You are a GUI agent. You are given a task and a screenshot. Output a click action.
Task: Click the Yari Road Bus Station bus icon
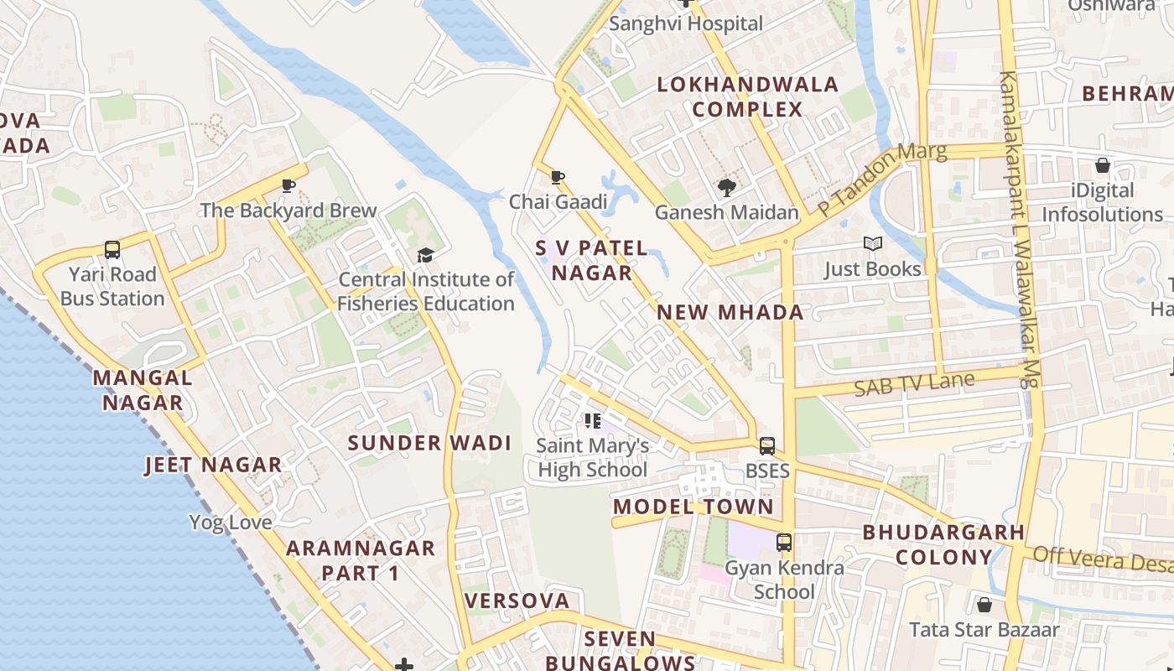pyautogui.click(x=112, y=249)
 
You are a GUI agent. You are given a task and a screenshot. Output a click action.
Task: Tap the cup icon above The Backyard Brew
pyautogui.click(x=288, y=185)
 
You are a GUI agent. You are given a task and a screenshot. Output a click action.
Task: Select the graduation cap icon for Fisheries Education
pyautogui.click(x=426, y=255)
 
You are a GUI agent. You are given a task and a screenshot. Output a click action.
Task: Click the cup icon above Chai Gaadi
pyautogui.click(x=558, y=177)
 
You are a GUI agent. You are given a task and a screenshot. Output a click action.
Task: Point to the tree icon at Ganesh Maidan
pyautogui.click(x=726, y=188)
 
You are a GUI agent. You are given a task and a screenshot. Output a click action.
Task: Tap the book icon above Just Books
pyautogui.click(x=873, y=244)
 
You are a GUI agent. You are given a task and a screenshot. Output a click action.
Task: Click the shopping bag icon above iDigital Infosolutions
pyautogui.click(x=1102, y=166)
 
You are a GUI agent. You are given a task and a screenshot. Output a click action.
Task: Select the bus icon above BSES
pyautogui.click(x=767, y=446)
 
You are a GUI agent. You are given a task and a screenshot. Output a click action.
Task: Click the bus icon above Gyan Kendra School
pyautogui.click(x=784, y=543)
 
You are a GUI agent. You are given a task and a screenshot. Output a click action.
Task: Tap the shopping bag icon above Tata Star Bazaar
pyautogui.click(x=984, y=605)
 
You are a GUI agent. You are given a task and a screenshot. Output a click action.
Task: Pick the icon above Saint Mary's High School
pyautogui.click(x=593, y=421)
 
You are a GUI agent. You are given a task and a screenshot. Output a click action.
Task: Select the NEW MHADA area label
pyautogui.click(x=730, y=313)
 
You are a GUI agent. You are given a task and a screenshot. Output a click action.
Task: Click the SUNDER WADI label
pyautogui.click(x=429, y=443)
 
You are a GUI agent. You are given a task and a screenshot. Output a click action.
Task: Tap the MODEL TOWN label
pyautogui.click(x=693, y=507)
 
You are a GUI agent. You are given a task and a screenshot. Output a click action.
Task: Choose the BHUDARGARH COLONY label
pyautogui.click(x=943, y=544)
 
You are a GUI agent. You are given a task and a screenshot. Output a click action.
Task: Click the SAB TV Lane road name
pyautogui.click(x=914, y=384)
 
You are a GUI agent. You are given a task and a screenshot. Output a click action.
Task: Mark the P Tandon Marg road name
pyautogui.click(x=882, y=179)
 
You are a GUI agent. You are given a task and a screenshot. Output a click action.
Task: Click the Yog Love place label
pyautogui.click(x=231, y=523)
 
